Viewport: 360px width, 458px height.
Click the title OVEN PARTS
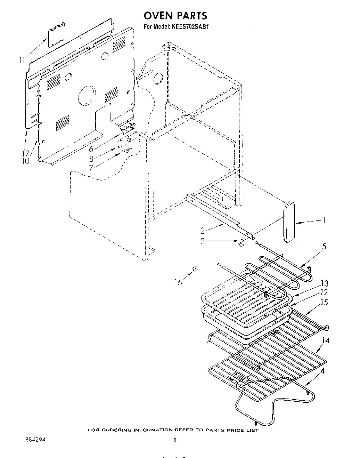[x=175, y=16]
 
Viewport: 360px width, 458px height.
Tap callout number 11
[x=22, y=60]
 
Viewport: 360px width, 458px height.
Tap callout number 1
[x=323, y=220]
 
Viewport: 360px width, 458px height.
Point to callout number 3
[x=203, y=241]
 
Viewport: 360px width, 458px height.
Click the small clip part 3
[x=242, y=242]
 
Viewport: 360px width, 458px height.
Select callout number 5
[x=324, y=247]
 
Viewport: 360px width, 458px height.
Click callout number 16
[x=178, y=282]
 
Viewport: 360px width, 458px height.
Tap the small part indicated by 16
[x=196, y=269]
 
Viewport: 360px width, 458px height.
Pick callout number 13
[x=325, y=284]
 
